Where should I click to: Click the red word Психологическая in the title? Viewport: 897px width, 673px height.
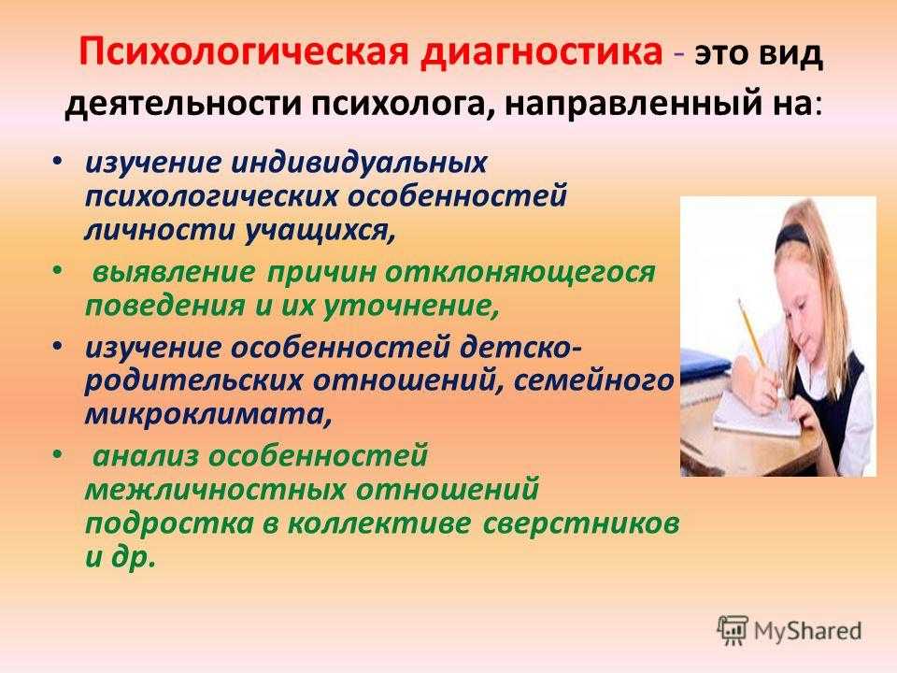pos(244,52)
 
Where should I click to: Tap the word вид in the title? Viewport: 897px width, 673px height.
pos(791,54)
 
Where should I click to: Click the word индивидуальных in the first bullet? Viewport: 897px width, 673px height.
pos(359,163)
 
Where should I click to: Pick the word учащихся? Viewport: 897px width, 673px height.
pos(320,231)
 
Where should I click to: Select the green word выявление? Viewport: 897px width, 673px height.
pos(174,272)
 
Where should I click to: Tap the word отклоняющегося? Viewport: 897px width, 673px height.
pos(519,273)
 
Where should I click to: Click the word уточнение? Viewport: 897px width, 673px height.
pos(410,307)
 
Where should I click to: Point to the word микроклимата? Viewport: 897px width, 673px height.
pos(207,415)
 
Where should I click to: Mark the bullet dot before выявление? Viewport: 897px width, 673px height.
pos(56,270)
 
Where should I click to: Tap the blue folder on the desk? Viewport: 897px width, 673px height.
pos(705,364)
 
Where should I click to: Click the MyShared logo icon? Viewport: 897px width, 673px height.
pos(733,631)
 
